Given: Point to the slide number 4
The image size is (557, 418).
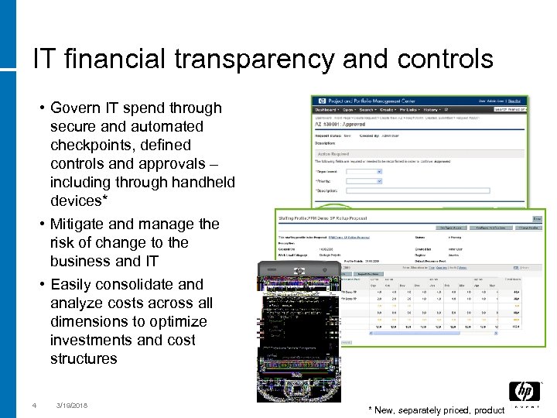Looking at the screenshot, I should (34, 405).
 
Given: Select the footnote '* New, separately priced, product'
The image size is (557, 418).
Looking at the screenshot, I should (437, 409).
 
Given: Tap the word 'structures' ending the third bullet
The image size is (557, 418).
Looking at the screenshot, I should (84, 358).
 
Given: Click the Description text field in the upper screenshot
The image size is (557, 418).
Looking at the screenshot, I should (433, 190).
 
